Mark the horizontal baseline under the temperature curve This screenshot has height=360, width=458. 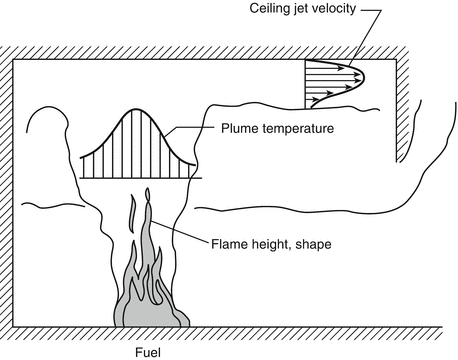point(139,179)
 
